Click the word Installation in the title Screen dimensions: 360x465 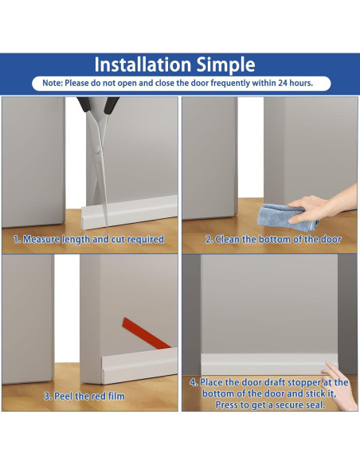click(143, 64)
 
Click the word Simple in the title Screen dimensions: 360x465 click(226, 65)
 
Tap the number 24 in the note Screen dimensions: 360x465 click(282, 83)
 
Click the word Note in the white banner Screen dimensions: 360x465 click(52, 83)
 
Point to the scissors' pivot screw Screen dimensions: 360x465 click(97, 149)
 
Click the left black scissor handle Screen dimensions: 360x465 click(84, 104)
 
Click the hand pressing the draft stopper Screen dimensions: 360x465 click(342, 385)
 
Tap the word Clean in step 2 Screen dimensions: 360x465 click(228, 240)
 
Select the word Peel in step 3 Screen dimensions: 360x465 click(62, 397)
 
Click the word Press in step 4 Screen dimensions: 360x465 click(226, 404)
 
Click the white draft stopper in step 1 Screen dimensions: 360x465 click(130, 212)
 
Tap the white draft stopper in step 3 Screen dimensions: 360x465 click(139, 365)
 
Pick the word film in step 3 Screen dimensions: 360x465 click(116, 397)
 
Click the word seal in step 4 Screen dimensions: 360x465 click(315, 404)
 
